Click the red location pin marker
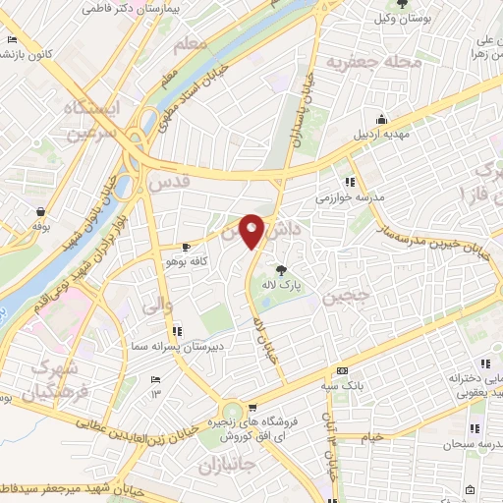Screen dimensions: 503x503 (252, 231)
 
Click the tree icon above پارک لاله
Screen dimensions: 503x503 (283, 269)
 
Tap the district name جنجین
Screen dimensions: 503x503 (353, 293)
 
